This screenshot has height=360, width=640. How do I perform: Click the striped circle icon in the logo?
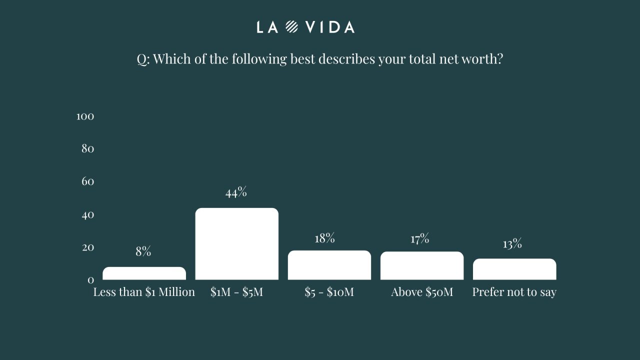(x=291, y=27)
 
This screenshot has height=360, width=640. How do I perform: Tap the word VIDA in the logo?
(x=330, y=27)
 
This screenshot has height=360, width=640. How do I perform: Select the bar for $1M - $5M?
(x=236, y=244)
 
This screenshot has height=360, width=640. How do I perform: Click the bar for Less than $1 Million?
(x=144, y=273)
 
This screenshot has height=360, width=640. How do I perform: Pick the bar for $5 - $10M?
(x=329, y=265)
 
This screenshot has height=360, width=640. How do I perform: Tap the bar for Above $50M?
(x=421, y=265)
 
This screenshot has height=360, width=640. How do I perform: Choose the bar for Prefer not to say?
(x=514, y=269)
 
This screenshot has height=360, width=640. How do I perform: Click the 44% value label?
(x=236, y=192)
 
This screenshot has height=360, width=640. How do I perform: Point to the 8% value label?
(x=143, y=251)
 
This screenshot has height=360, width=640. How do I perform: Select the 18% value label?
(x=324, y=238)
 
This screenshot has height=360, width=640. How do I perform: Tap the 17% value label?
(x=420, y=239)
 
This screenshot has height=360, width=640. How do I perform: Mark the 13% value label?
(x=512, y=244)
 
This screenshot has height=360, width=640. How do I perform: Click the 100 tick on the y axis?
(x=85, y=116)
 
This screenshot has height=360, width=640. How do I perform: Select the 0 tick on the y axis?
(x=90, y=280)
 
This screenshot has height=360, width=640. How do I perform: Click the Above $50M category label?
(x=422, y=292)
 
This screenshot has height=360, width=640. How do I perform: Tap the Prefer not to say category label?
(x=514, y=292)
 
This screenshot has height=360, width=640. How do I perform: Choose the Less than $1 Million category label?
(x=144, y=292)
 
